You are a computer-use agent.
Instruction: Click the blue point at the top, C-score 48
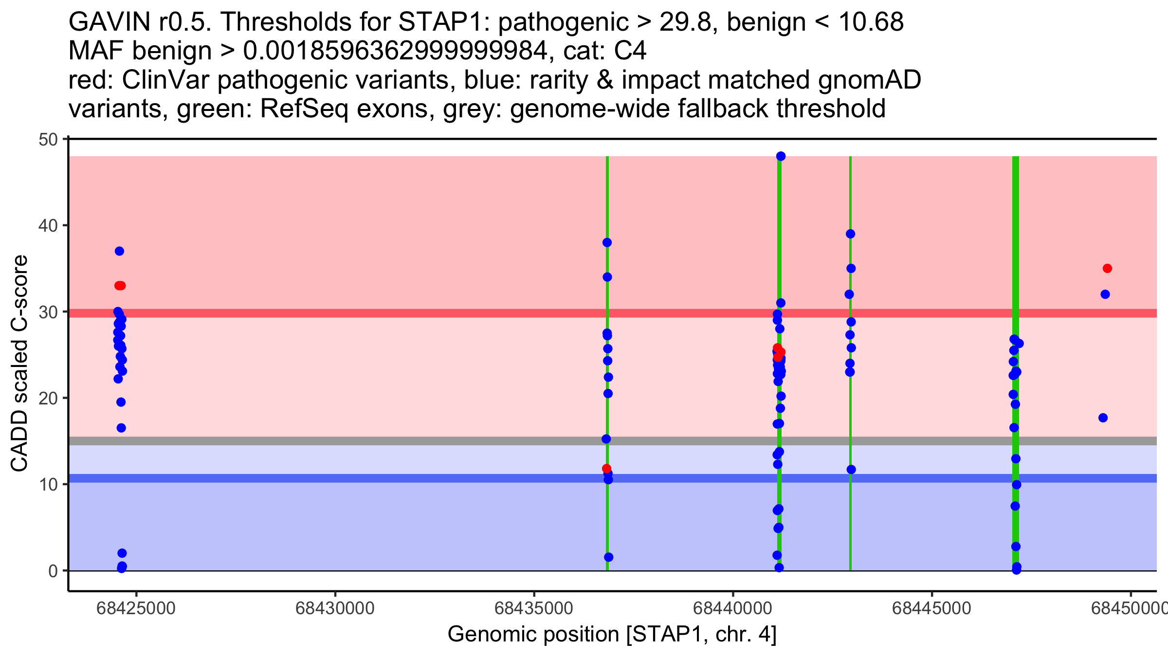pos(781,156)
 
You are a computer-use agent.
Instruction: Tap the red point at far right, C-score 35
pos(1107,269)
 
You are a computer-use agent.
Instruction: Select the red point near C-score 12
pos(606,469)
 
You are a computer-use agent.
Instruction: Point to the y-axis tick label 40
pos(47,226)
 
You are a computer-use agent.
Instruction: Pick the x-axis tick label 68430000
pos(335,608)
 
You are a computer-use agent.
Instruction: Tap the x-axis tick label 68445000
pos(931,608)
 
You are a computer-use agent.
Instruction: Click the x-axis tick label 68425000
pos(136,608)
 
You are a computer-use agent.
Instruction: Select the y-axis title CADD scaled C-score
pos(19,364)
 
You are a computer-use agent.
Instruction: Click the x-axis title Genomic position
pos(612,635)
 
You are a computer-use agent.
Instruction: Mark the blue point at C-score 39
pos(850,234)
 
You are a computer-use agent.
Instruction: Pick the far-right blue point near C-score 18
pos(1103,418)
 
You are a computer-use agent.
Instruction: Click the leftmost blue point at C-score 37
pos(119,251)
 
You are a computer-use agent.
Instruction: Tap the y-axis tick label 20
pos(47,398)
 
